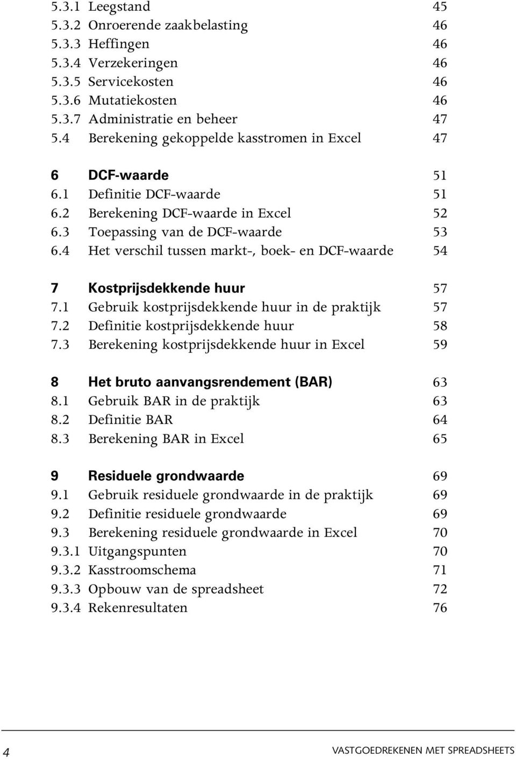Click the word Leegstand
(x=119, y=7)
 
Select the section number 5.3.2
(x=66, y=25)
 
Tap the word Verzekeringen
(x=133, y=63)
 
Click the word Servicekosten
(x=131, y=82)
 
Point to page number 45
(x=440, y=6)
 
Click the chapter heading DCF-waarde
(x=128, y=175)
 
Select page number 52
(x=440, y=213)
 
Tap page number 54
(x=440, y=250)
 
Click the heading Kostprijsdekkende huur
(x=167, y=288)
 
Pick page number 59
(x=440, y=344)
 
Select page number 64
(x=440, y=420)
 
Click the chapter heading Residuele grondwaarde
(x=166, y=476)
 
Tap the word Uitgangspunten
(x=137, y=552)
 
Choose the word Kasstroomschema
(x=142, y=570)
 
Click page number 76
(x=440, y=608)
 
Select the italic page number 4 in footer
(x=6, y=751)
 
